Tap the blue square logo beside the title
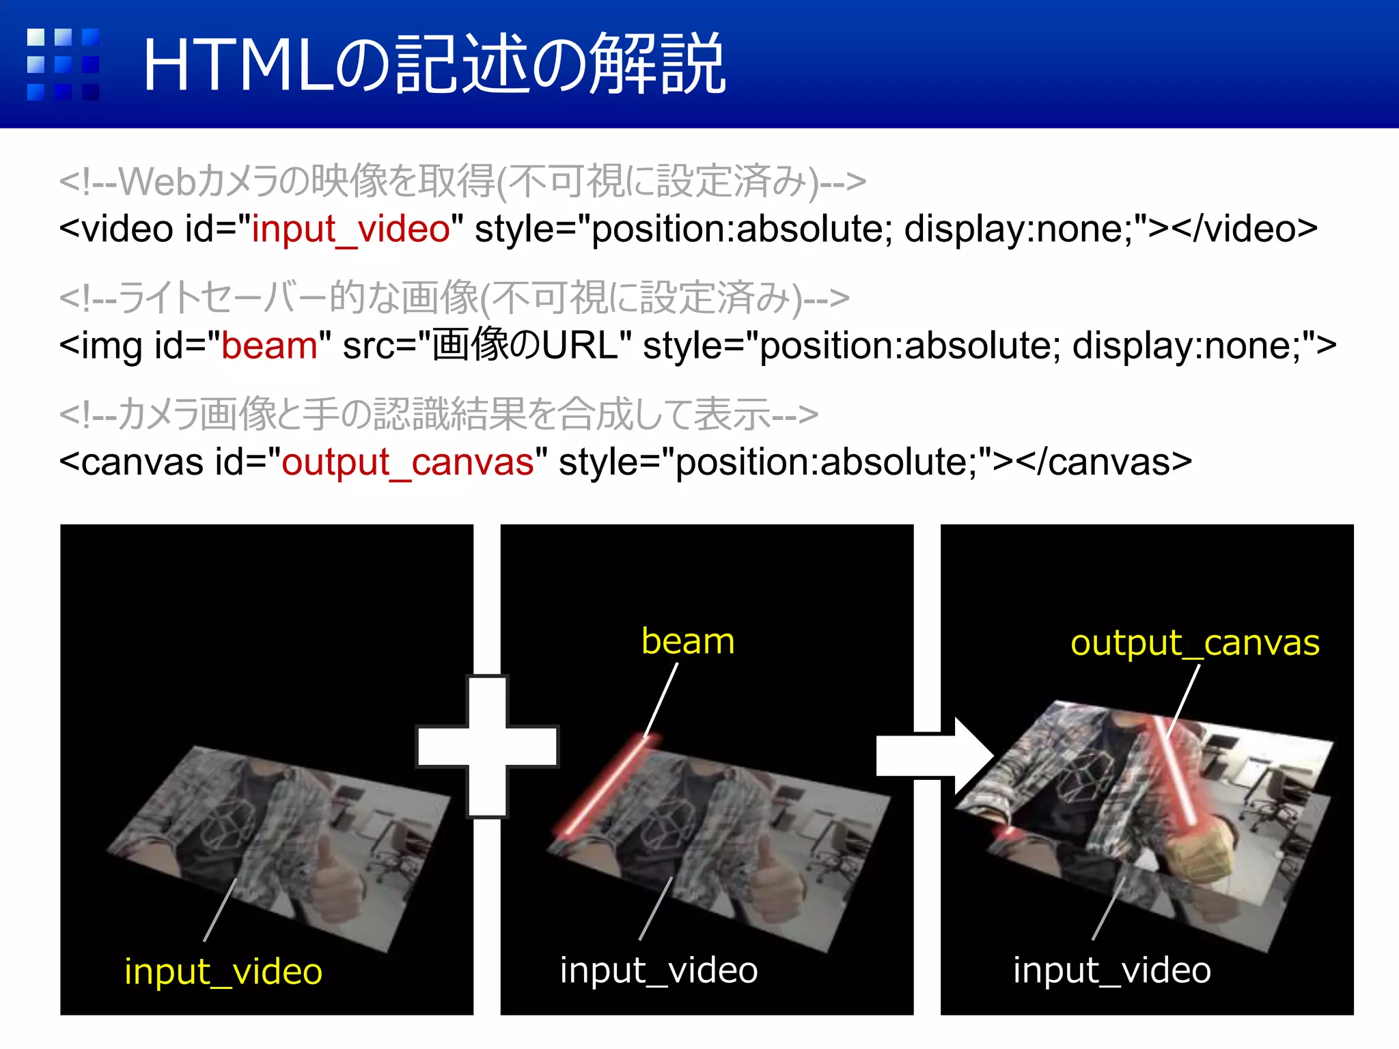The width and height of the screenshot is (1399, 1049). point(63,65)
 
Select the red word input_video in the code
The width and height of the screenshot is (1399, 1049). point(350,229)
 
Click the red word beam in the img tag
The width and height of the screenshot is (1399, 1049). point(269,346)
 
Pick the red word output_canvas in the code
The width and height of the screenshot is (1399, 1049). point(407,462)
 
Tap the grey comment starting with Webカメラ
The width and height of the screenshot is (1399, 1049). point(462,182)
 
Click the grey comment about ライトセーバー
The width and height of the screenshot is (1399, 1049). point(454,298)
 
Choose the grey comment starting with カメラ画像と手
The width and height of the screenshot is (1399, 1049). point(439,415)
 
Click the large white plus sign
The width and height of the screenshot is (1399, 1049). point(487,746)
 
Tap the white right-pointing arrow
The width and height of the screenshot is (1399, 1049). point(934,755)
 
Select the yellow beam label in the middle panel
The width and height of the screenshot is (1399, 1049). point(688,641)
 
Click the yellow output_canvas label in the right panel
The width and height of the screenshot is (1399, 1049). point(1195,643)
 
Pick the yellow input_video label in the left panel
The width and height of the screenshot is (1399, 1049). point(223,971)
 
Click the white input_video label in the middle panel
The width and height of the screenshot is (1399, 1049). point(659,970)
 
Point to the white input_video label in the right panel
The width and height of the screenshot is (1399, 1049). point(1112,970)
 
